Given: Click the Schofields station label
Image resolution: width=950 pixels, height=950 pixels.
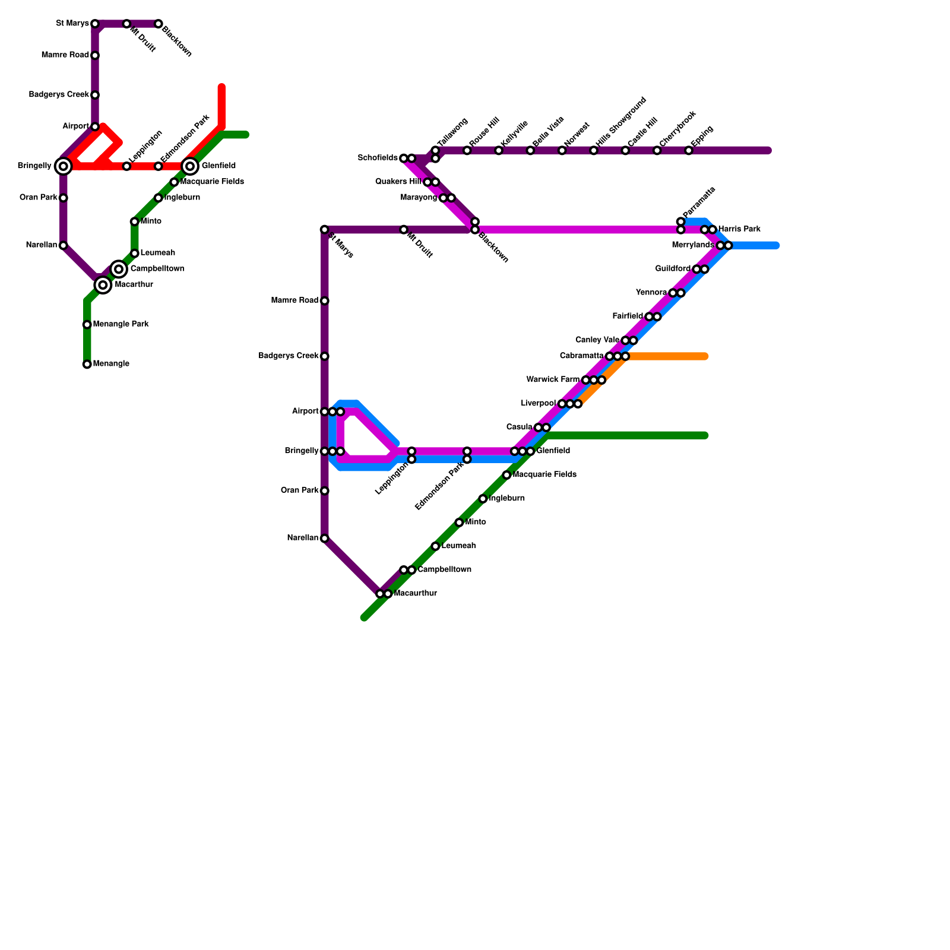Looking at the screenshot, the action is [378, 158].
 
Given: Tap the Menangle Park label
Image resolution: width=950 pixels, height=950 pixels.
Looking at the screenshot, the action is [121, 325].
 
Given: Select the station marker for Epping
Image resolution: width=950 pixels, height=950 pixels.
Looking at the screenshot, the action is [688, 151].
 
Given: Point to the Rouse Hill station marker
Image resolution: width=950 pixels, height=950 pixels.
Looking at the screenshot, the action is [467, 151].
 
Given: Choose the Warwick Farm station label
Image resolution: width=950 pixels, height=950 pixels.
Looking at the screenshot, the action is [553, 380].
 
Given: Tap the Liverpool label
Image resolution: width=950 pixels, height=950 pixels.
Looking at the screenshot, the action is [539, 404].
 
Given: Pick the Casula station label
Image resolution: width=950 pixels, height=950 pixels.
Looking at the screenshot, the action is [519, 427].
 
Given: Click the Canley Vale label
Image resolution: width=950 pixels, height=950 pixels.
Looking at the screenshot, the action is [597, 340].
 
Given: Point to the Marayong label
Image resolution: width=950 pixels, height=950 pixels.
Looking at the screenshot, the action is [419, 198].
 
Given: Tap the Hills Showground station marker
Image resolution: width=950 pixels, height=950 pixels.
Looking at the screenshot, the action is [594, 151].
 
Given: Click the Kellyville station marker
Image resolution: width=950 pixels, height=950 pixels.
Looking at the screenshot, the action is [499, 151].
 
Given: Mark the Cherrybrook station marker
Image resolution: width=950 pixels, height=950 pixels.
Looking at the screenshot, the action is [657, 151].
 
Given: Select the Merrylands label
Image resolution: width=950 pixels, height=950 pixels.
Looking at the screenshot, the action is [693, 245].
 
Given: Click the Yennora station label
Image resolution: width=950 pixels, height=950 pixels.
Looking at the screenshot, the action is [651, 293].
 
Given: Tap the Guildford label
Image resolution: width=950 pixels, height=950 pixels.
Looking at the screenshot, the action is [673, 269].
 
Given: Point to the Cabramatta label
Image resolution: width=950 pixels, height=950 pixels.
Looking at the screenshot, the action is [581, 356].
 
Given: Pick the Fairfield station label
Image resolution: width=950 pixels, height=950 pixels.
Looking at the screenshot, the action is [627, 316].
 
